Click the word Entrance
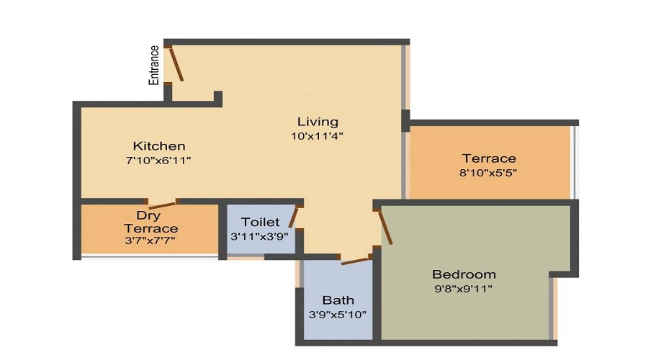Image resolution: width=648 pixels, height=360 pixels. tap(154, 66)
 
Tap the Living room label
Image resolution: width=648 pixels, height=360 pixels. tap(318, 122)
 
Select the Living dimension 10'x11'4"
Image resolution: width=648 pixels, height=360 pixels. tap(317, 135)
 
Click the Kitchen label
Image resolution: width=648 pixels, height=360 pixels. tap(159, 146)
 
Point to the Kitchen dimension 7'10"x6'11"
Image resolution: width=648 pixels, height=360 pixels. tap(158, 160)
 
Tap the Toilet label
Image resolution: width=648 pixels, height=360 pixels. tap(261, 222)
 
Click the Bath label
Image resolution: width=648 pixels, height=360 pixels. tap(338, 300)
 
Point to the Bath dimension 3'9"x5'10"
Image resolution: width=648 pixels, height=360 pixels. tap(338, 314)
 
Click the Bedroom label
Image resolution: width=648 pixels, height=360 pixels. tap(464, 274)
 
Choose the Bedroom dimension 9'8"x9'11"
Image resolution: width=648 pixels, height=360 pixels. tap(464, 289)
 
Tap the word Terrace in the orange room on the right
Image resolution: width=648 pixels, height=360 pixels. tap(489, 158)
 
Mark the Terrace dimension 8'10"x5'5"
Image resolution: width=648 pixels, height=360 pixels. tap(489, 173)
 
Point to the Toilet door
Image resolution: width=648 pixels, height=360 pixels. tap(294, 217)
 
